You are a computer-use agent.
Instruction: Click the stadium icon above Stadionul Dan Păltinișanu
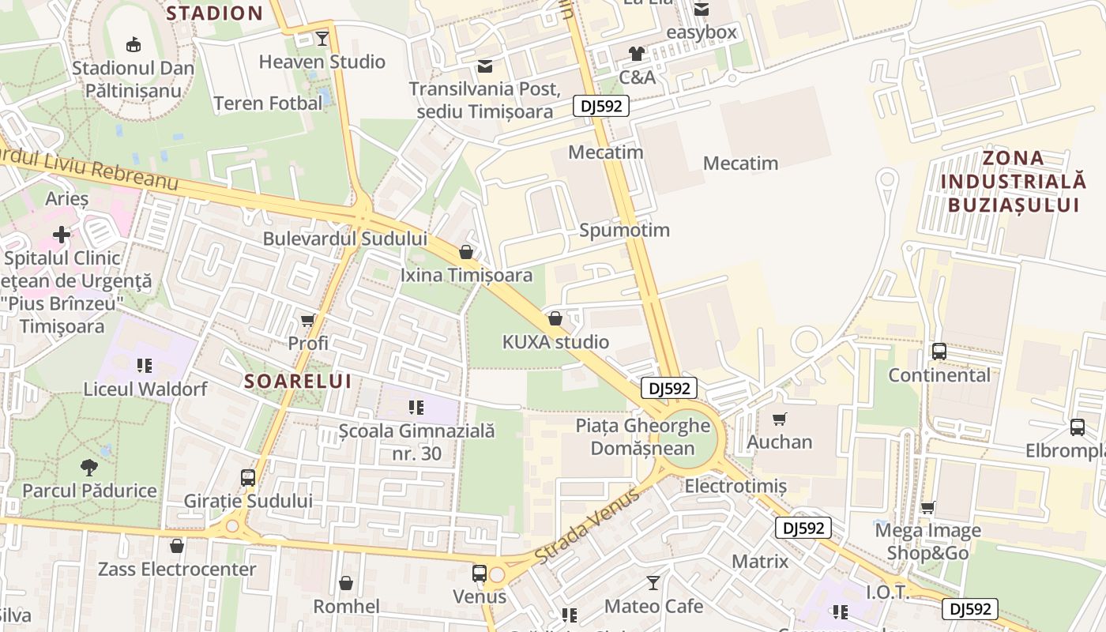(133, 44)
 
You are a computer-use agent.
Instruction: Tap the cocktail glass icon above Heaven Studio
(322, 38)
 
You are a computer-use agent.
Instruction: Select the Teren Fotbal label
(268, 103)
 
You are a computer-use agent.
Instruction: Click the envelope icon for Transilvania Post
(485, 66)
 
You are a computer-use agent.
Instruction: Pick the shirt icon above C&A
(637, 54)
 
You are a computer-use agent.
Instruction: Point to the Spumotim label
(624, 230)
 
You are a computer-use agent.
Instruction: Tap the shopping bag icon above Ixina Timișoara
(466, 252)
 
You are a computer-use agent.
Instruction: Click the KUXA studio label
(555, 342)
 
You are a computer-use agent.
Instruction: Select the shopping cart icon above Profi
(308, 320)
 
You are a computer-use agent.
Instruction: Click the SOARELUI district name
(297, 381)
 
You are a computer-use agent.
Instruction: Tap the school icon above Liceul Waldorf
(145, 365)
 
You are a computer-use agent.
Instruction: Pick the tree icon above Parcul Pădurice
(89, 467)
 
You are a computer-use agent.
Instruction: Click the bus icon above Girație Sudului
(248, 478)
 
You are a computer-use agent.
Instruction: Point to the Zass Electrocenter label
(177, 569)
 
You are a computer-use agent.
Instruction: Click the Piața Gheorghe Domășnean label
(642, 437)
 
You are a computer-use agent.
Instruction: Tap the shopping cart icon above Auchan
(780, 419)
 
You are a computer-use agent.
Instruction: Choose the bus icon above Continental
(939, 352)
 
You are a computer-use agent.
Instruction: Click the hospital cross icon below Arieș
(62, 235)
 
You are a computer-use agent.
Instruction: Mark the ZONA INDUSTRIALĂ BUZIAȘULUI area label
(1014, 181)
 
